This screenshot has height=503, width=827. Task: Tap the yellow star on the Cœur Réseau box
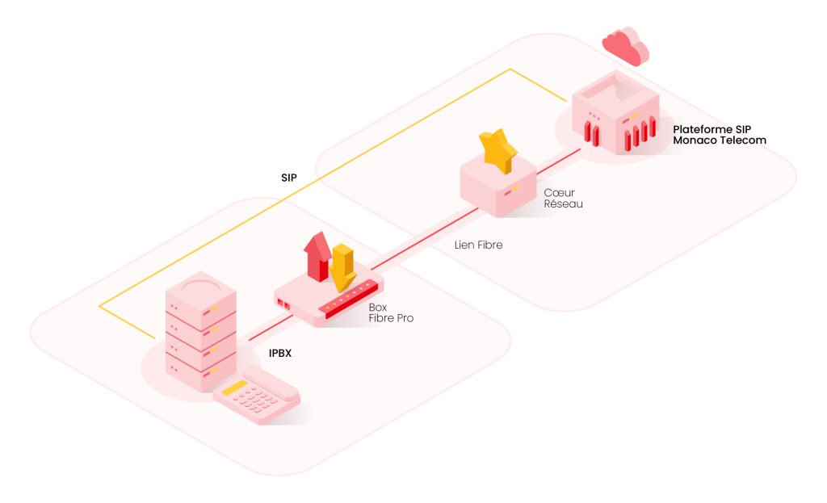point(498,149)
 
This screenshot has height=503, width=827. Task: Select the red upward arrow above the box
point(317,254)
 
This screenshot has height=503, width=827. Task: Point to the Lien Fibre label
point(478,244)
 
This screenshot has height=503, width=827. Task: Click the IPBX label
point(283,352)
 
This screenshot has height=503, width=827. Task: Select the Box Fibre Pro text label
point(391,313)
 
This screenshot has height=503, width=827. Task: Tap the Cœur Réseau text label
point(563,199)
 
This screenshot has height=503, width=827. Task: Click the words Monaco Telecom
point(720,140)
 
